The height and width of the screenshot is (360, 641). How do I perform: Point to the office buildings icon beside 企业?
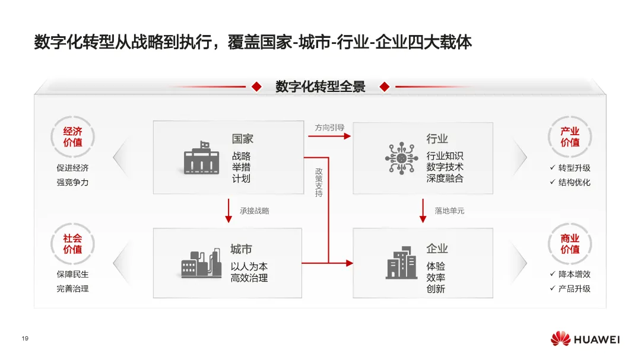click(401, 263)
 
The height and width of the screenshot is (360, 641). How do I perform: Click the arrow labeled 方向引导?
click(329, 136)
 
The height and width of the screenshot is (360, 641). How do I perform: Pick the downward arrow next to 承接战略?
click(229, 211)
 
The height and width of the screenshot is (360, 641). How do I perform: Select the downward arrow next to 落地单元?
click(423, 211)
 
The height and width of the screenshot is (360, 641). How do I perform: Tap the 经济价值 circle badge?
click(72, 138)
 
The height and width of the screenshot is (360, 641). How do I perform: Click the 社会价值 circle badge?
click(72, 244)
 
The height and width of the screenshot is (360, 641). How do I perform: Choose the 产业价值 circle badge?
click(570, 138)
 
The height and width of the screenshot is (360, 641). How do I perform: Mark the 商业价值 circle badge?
click(570, 244)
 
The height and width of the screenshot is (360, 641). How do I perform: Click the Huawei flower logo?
click(560, 339)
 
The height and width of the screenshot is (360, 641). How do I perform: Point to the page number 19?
click(25, 339)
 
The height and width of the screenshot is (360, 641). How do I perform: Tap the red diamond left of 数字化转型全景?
click(256, 87)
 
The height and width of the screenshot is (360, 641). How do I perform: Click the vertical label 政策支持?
click(319, 182)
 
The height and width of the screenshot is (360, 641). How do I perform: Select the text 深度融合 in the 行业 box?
click(445, 178)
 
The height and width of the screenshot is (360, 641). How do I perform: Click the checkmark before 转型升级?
click(552, 168)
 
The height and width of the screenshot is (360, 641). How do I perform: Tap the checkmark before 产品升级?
click(552, 289)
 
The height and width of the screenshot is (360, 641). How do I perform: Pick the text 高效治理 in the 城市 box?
click(249, 278)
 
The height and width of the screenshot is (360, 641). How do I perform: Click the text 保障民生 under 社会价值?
click(72, 275)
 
